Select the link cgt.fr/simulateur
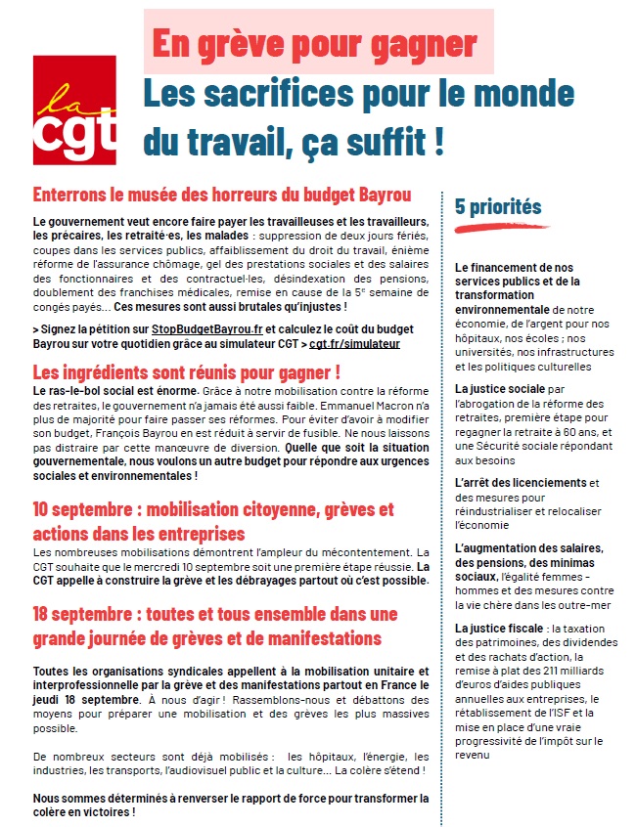pos(354,344)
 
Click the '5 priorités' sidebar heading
pos(497,206)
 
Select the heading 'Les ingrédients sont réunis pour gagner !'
pos(186,372)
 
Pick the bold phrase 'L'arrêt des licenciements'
pos(519,483)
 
